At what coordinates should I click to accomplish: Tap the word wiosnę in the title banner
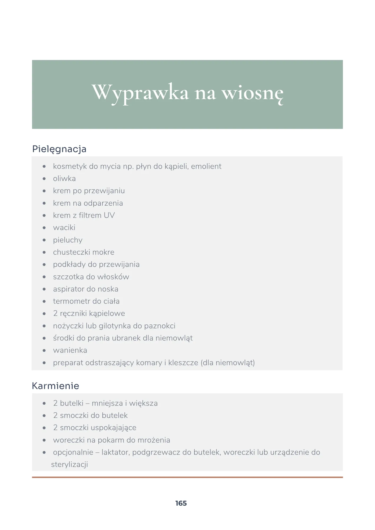tap(252, 94)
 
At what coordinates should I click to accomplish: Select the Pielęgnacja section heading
tap(59, 149)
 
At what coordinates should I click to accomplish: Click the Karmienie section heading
tap(55, 386)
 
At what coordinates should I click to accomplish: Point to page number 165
tap(181, 503)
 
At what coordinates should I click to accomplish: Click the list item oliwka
tap(64, 179)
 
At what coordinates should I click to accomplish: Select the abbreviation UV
tap(109, 215)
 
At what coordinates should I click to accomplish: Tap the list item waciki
tap(64, 228)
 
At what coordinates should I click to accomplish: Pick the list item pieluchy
tap(68, 240)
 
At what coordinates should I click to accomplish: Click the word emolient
tap(206, 166)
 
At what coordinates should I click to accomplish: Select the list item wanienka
tap(70, 350)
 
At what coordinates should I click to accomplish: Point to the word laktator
tap(116, 452)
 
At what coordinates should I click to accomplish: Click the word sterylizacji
tap(69, 465)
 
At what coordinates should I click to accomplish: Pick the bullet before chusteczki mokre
tap(44, 252)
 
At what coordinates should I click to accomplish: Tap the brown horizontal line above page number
tap(187, 477)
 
